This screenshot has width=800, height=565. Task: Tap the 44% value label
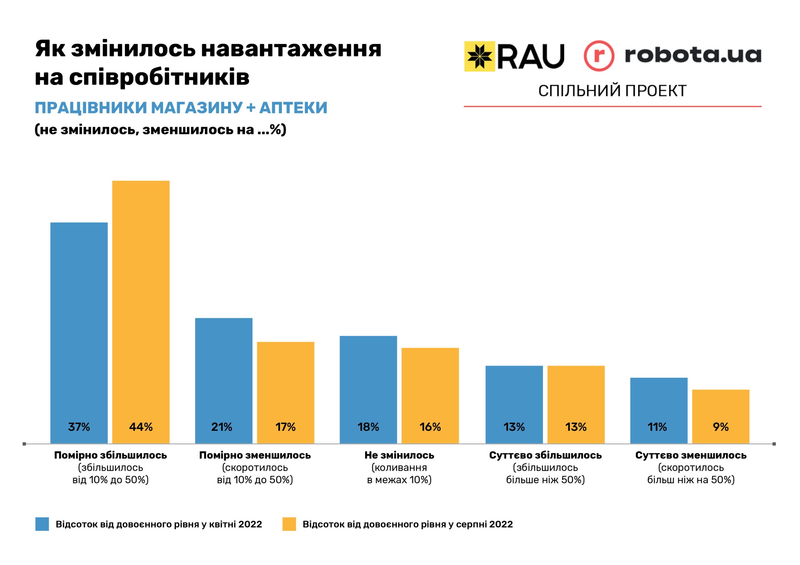tap(141, 427)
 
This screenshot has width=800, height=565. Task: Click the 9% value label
tap(721, 427)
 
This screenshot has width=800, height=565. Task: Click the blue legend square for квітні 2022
tap(42, 524)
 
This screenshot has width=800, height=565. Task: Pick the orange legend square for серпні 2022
tap(289, 524)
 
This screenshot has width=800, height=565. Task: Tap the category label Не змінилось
tap(399, 455)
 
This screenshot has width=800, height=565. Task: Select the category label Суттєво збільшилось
tap(545, 455)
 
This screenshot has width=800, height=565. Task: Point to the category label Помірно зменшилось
tap(255, 455)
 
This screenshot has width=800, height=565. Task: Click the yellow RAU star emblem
tap(479, 56)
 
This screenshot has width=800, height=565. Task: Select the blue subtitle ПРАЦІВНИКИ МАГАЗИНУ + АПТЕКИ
tap(181, 108)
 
